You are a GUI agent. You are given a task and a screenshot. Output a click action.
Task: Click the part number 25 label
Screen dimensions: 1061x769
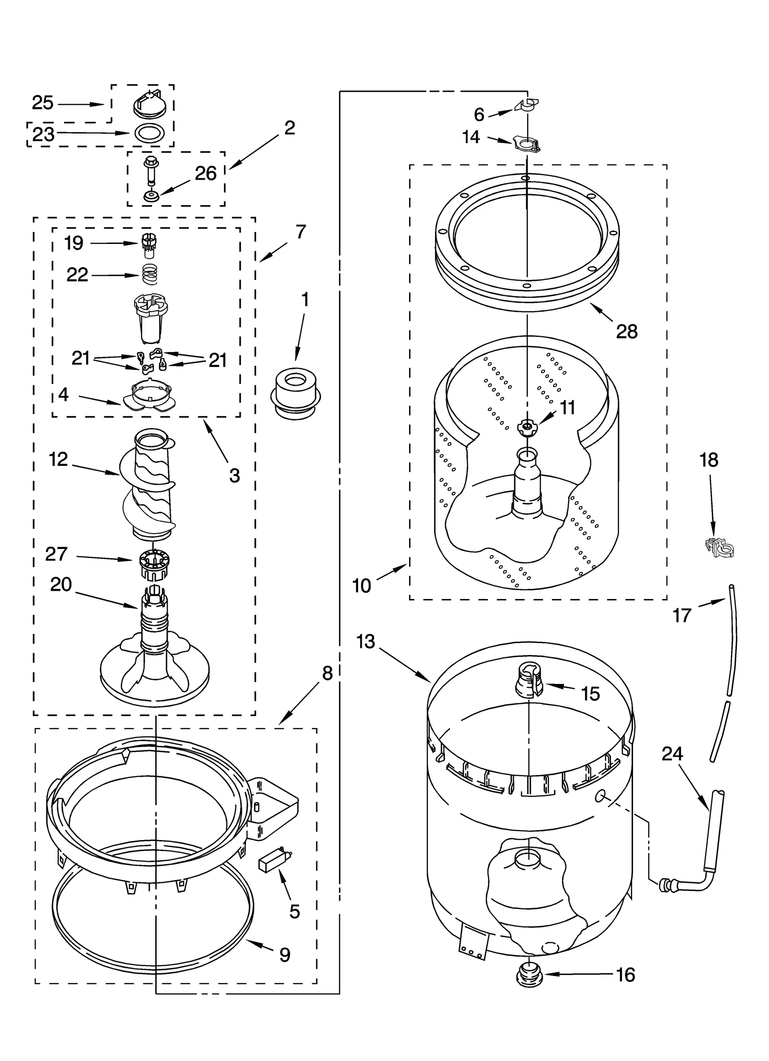coord(42,103)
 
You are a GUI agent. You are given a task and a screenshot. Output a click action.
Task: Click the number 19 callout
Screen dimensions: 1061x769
coord(74,243)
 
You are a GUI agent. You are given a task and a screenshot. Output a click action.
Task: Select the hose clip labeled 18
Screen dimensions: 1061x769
coord(719,547)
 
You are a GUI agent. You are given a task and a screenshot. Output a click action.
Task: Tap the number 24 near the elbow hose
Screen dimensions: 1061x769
coord(672,754)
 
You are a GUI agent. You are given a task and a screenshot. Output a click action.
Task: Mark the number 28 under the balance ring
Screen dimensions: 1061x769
coord(627,331)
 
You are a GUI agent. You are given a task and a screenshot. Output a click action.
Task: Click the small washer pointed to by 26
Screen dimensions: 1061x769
coord(151,196)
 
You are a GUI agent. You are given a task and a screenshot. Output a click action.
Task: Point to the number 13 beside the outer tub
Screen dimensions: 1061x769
coord(366,641)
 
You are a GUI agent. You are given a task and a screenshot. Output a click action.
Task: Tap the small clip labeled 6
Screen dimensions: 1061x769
coord(528,104)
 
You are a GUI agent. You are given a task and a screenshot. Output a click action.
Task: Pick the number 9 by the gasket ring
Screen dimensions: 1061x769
coord(285,955)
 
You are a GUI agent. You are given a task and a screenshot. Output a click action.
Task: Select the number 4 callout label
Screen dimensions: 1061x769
coord(63,394)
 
